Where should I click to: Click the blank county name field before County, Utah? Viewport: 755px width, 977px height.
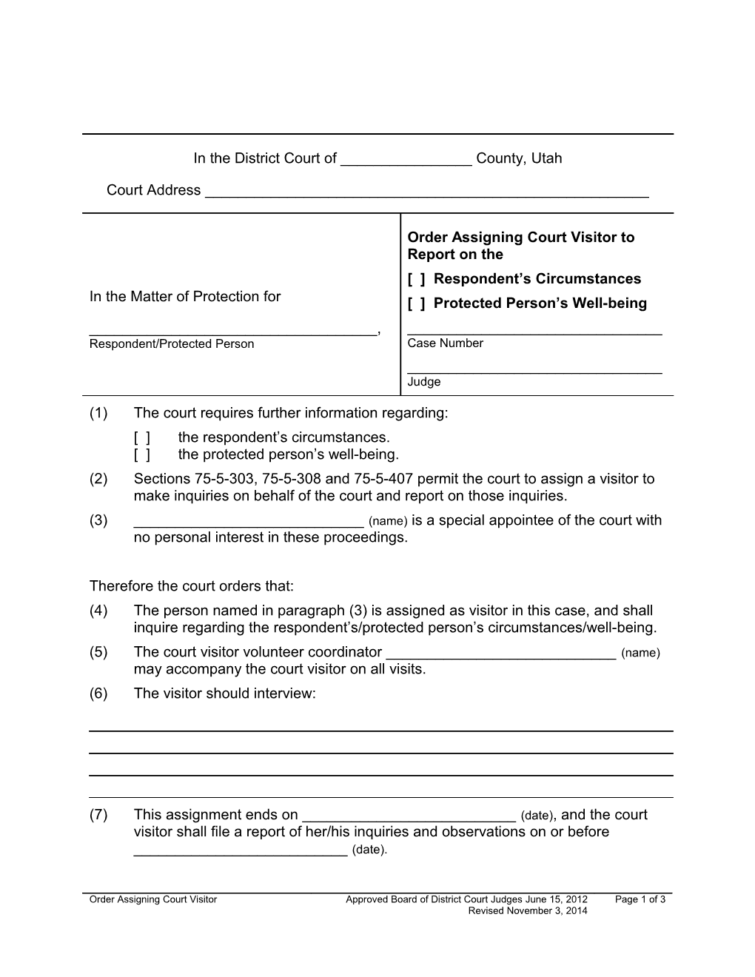coord(406,159)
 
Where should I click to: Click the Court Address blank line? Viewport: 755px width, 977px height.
coord(426,191)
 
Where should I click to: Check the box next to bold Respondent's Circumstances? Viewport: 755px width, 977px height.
coord(416,279)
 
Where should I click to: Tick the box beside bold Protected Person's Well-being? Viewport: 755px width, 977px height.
coord(416,303)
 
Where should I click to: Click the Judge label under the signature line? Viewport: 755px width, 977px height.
coord(423,382)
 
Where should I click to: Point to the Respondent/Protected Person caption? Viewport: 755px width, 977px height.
coord(171,344)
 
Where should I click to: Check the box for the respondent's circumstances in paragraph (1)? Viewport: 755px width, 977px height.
coord(142,437)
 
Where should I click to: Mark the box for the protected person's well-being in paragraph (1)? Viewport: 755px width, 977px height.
coord(142,454)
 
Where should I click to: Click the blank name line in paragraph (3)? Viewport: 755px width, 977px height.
coord(249,521)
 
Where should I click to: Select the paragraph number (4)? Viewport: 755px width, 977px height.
coord(98,611)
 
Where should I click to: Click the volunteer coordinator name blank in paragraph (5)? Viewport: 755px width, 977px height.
coord(501,653)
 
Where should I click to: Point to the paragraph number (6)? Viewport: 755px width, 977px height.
coord(98,694)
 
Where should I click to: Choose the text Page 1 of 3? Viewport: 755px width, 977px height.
coord(640,900)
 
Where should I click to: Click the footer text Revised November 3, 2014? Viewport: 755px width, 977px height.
coord(527,911)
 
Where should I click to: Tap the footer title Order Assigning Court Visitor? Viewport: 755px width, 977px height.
coord(153,900)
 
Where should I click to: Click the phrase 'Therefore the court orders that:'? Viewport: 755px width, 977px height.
coord(192,586)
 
